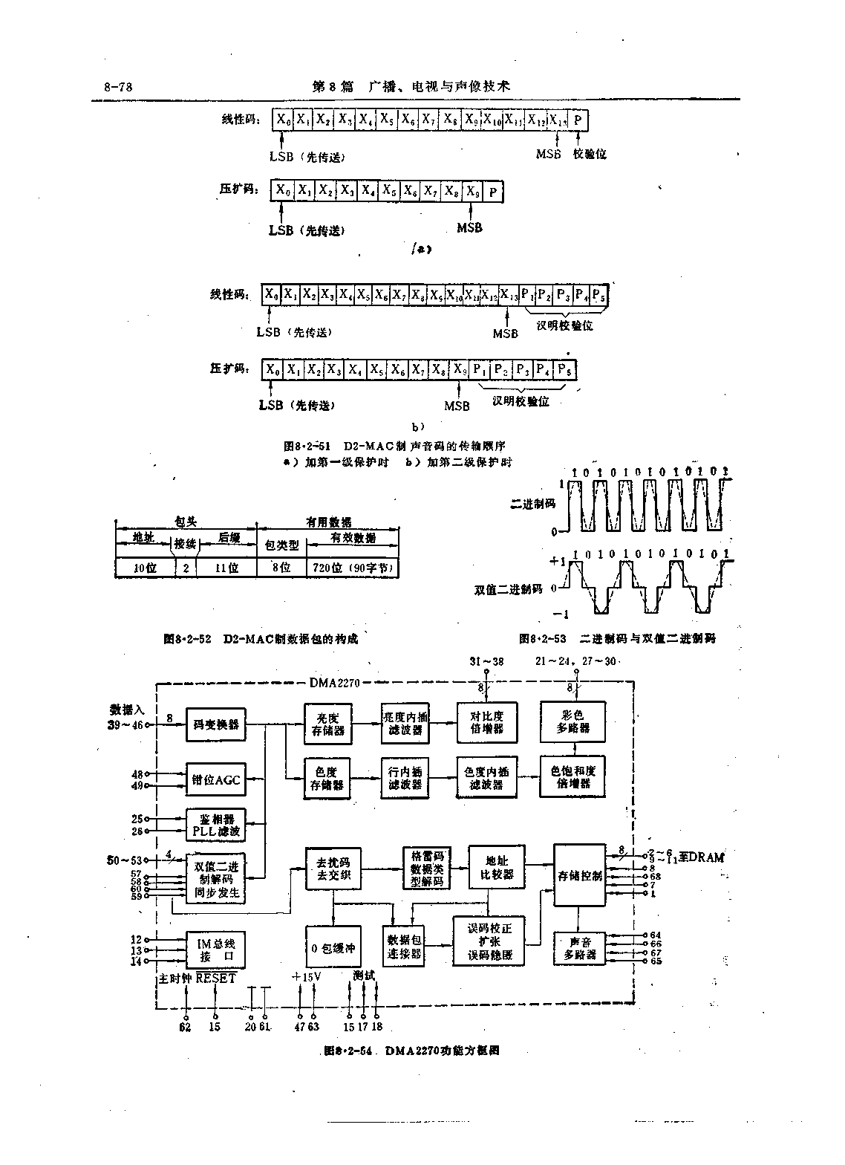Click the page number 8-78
(118, 87)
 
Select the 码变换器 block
(215, 723)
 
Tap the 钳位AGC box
(215, 779)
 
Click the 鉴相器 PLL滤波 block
(215, 824)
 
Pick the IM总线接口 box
(215, 950)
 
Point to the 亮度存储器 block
(328, 723)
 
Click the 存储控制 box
(580, 874)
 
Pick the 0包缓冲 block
(333, 947)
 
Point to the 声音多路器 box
(580, 949)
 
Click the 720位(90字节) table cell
(353, 568)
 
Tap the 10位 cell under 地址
(145, 568)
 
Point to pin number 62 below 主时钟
(185, 1027)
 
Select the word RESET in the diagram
(216, 978)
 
